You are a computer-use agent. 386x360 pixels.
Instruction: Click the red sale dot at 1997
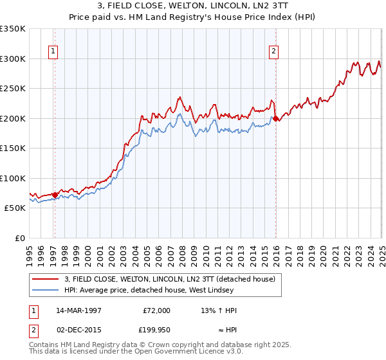coord(55,194)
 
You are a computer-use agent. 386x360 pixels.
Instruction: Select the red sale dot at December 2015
coord(275,119)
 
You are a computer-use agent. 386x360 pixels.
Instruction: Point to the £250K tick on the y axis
coord(14,89)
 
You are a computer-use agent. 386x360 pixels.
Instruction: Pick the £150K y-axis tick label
coord(14,148)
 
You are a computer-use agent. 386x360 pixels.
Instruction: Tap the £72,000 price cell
coord(156,310)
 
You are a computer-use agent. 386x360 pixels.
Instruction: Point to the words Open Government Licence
coord(182,352)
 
